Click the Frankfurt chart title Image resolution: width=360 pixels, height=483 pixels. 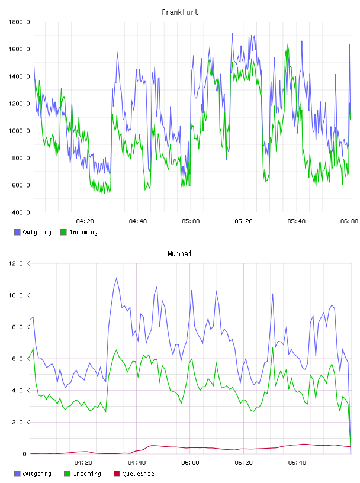pyautogui.click(x=180, y=12)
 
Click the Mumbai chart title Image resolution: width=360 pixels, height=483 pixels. pyautogui.click(x=179, y=254)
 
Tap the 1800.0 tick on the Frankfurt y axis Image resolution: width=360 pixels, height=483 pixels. pyautogui.click(x=19, y=22)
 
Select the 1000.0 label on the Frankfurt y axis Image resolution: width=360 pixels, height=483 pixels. pyautogui.click(x=19, y=131)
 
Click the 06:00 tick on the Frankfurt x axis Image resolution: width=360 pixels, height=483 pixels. pyautogui.click(x=349, y=221)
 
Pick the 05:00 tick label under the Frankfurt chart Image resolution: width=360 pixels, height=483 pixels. pyautogui.click(x=191, y=221)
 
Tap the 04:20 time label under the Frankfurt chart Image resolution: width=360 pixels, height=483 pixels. pyautogui.click(x=85, y=221)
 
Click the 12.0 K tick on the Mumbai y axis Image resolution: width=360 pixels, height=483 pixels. pyautogui.click(x=19, y=263)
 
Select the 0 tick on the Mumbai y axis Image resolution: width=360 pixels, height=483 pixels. pyautogui.click(x=24, y=454)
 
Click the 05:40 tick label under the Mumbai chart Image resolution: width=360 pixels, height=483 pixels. pyautogui.click(x=297, y=462)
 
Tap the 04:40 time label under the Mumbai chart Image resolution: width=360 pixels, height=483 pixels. pyautogui.click(x=137, y=462)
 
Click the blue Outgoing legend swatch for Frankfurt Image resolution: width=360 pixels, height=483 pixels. pyautogui.click(x=17, y=232)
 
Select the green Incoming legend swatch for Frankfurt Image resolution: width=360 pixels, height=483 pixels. pyautogui.click(x=63, y=232)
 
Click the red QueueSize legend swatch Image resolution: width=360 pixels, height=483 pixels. pyautogui.click(x=117, y=474)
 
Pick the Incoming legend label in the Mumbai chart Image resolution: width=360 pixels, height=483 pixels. pyautogui.click(x=87, y=474)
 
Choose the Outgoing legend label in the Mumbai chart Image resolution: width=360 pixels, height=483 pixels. pyautogui.click(x=37, y=474)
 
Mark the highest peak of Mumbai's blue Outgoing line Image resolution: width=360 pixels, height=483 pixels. pyautogui.click(x=117, y=278)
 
